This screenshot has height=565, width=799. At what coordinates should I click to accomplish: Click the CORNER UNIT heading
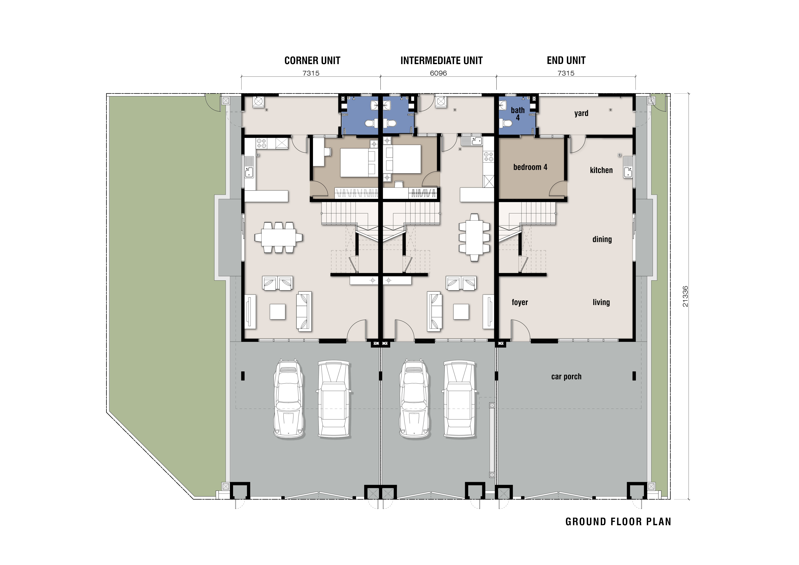[312, 61]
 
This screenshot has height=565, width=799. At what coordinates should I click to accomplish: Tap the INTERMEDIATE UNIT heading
[441, 61]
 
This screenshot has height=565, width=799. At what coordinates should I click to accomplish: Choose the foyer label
[520, 302]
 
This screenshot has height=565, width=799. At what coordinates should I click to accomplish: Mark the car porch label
[566, 377]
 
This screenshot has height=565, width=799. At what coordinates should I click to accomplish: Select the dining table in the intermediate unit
[474, 237]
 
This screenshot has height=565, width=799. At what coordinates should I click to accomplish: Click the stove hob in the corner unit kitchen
[261, 143]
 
